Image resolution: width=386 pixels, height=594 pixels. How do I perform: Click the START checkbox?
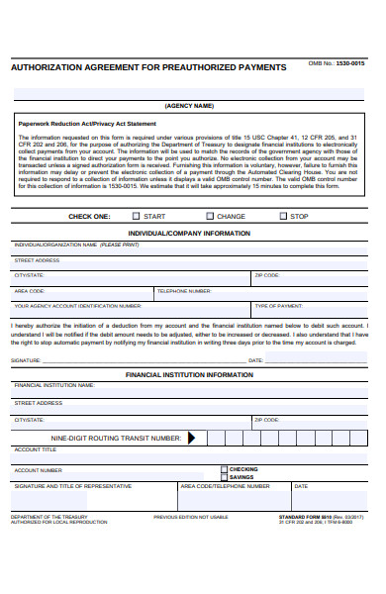tap(135, 216)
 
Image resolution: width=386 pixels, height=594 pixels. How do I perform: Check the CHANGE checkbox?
tap(210, 216)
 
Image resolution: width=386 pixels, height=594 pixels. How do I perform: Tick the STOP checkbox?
tap(283, 216)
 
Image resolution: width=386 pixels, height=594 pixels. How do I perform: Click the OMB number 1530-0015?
tap(350, 63)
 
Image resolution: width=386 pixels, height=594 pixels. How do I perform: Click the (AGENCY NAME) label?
tap(189, 105)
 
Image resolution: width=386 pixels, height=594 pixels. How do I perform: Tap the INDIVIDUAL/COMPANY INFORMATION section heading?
tap(189, 233)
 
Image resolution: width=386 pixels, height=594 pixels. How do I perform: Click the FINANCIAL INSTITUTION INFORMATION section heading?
tap(189, 375)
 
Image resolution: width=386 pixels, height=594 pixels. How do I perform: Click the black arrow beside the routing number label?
tap(192, 437)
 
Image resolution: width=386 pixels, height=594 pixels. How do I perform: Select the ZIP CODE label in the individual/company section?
tap(267, 275)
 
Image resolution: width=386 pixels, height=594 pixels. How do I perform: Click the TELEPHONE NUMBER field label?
tap(184, 291)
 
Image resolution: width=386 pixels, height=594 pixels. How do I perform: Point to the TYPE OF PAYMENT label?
tap(279, 307)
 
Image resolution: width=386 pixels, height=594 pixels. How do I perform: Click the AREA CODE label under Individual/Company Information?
tap(30, 291)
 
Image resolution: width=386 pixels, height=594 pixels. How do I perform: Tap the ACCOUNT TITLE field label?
tap(35, 449)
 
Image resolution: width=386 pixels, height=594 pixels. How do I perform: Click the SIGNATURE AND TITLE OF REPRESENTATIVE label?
tap(72, 486)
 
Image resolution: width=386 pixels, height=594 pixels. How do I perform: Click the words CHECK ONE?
tap(88, 216)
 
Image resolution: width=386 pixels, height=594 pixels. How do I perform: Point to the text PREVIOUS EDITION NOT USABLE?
tap(190, 517)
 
